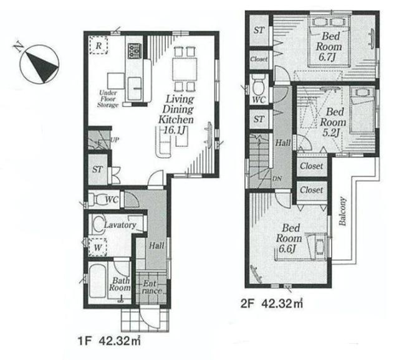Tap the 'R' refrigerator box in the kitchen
pyautogui.click(x=98, y=45)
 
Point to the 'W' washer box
pyautogui.click(x=97, y=247)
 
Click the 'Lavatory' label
pyautogui.click(x=120, y=225)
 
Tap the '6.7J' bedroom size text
pyautogui.click(x=327, y=57)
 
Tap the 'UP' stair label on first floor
pyautogui.click(x=114, y=140)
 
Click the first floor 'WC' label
pyautogui.click(x=112, y=200)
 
